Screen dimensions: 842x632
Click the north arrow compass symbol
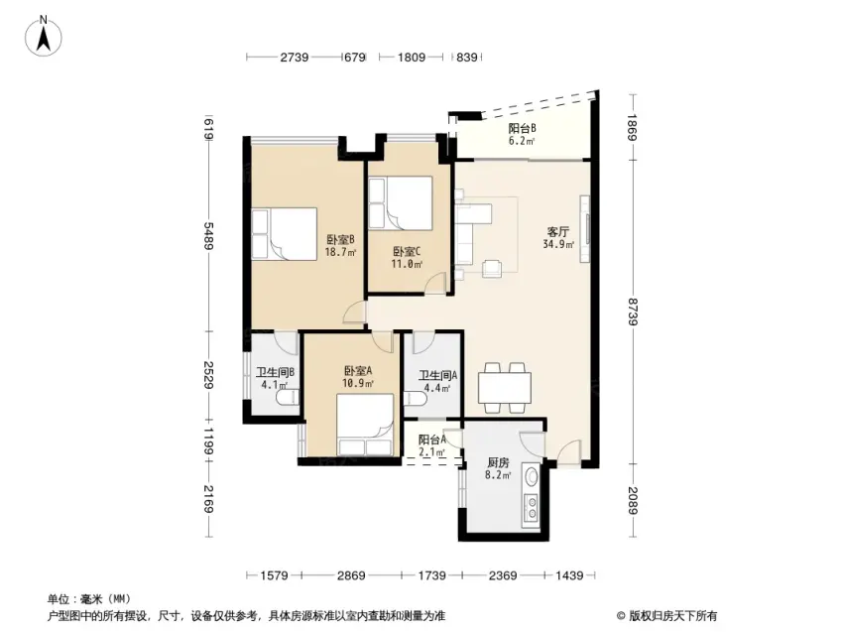tap(44, 37)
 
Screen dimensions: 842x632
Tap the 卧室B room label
tap(340, 239)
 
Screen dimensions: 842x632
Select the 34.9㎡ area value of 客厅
tap(558, 244)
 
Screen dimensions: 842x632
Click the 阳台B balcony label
tap(522, 128)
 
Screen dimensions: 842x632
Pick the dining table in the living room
tap(505, 387)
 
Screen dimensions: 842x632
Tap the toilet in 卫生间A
tap(416, 399)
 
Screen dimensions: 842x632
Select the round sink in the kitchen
tap(532, 476)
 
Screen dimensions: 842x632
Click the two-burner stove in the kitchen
tap(532, 508)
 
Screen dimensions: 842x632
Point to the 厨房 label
tap(498, 462)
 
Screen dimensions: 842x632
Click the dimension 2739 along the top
tap(295, 57)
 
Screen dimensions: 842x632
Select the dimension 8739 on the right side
tap(633, 312)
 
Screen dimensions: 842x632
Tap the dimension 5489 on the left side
tap(209, 235)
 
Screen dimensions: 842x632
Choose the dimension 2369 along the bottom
tap(503, 575)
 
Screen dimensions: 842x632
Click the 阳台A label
tap(432, 440)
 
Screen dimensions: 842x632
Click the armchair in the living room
tap(493, 268)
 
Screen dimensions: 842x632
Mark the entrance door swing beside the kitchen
tap(569, 451)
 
